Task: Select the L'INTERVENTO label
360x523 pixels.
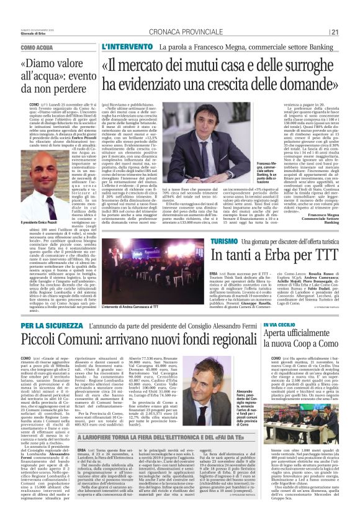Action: coord(124,47)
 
